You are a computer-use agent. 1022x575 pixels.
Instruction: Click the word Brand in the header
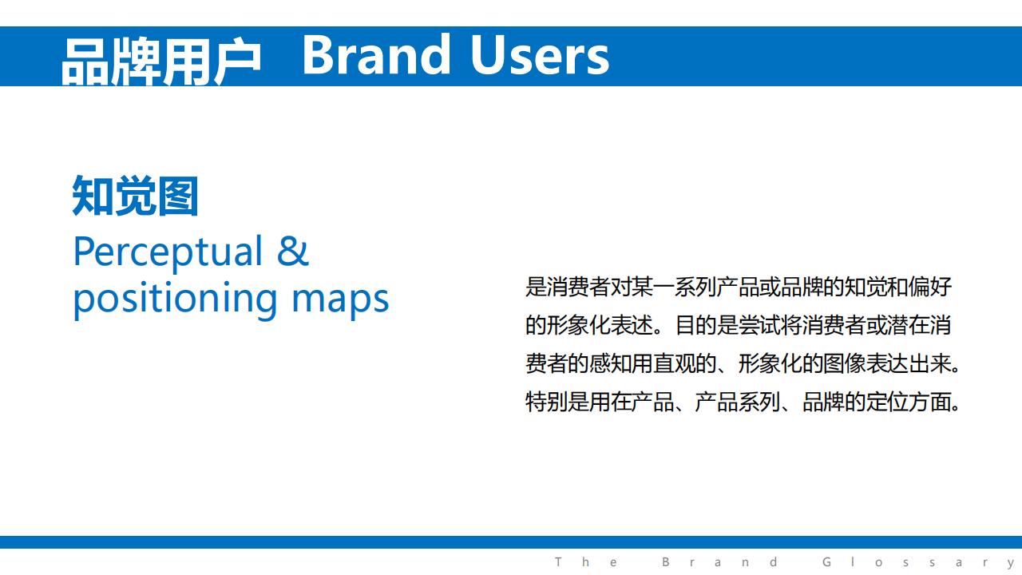pos(376,55)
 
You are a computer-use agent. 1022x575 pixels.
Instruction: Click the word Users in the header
pos(540,55)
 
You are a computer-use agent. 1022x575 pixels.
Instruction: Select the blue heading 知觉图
pos(136,196)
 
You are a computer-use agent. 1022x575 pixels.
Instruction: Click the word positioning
pos(175,299)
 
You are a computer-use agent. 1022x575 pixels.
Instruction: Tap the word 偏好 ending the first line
pos(930,287)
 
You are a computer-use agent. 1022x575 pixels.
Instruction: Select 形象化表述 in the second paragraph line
pos(600,325)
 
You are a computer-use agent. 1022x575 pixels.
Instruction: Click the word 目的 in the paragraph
pos(696,325)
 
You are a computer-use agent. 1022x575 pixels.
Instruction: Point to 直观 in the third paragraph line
pos(675,363)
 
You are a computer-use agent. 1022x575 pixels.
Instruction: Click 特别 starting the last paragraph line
pos(546,402)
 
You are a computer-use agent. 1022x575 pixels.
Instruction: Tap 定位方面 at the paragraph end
pos(909,402)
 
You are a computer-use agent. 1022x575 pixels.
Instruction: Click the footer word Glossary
pos(919,563)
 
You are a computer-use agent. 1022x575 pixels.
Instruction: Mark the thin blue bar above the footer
pos(511,542)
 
